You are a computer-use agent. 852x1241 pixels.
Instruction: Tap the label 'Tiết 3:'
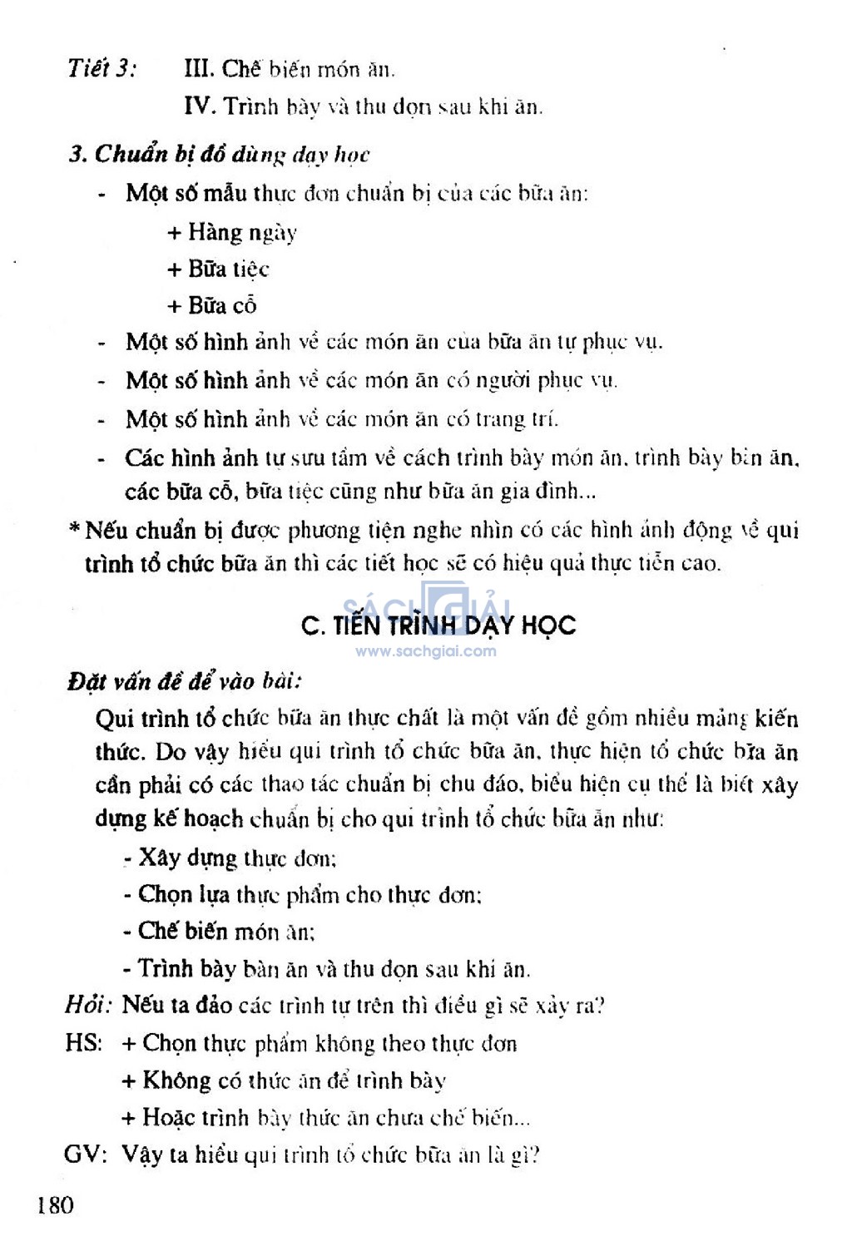pyautogui.click(x=102, y=67)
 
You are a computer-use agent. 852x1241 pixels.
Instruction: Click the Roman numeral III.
pyautogui.click(x=198, y=68)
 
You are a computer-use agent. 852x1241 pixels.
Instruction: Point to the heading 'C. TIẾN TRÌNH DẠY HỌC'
pyautogui.click(x=438, y=625)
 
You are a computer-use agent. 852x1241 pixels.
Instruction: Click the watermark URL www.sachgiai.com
pyautogui.click(x=426, y=651)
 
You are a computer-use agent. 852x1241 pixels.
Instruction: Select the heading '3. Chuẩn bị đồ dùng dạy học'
pyautogui.click(x=220, y=154)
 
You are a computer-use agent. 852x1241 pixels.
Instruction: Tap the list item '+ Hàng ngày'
pyautogui.click(x=232, y=232)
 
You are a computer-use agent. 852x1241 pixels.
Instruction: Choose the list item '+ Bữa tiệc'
pyautogui.click(x=218, y=269)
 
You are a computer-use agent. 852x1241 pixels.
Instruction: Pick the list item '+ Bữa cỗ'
pyautogui.click(x=212, y=305)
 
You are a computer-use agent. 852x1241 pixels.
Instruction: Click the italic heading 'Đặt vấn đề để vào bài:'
pyautogui.click(x=184, y=681)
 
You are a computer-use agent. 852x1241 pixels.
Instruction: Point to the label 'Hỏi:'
pyautogui.click(x=88, y=1006)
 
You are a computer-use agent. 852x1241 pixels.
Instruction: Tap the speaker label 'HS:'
pyautogui.click(x=83, y=1043)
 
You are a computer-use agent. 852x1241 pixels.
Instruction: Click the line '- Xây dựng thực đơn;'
pyautogui.click(x=230, y=858)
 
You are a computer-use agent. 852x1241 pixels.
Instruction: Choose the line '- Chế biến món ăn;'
pyautogui.click(x=219, y=932)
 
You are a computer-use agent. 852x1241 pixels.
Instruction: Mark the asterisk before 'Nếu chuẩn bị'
pyautogui.click(x=75, y=529)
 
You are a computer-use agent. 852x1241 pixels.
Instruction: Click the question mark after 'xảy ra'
pyautogui.click(x=600, y=1006)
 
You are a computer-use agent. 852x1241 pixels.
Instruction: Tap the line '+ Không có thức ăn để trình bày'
pyautogui.click(x=284, y=1080)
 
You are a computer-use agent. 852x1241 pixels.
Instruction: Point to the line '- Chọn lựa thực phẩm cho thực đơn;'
pyautogui.click(x=303, y=895)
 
